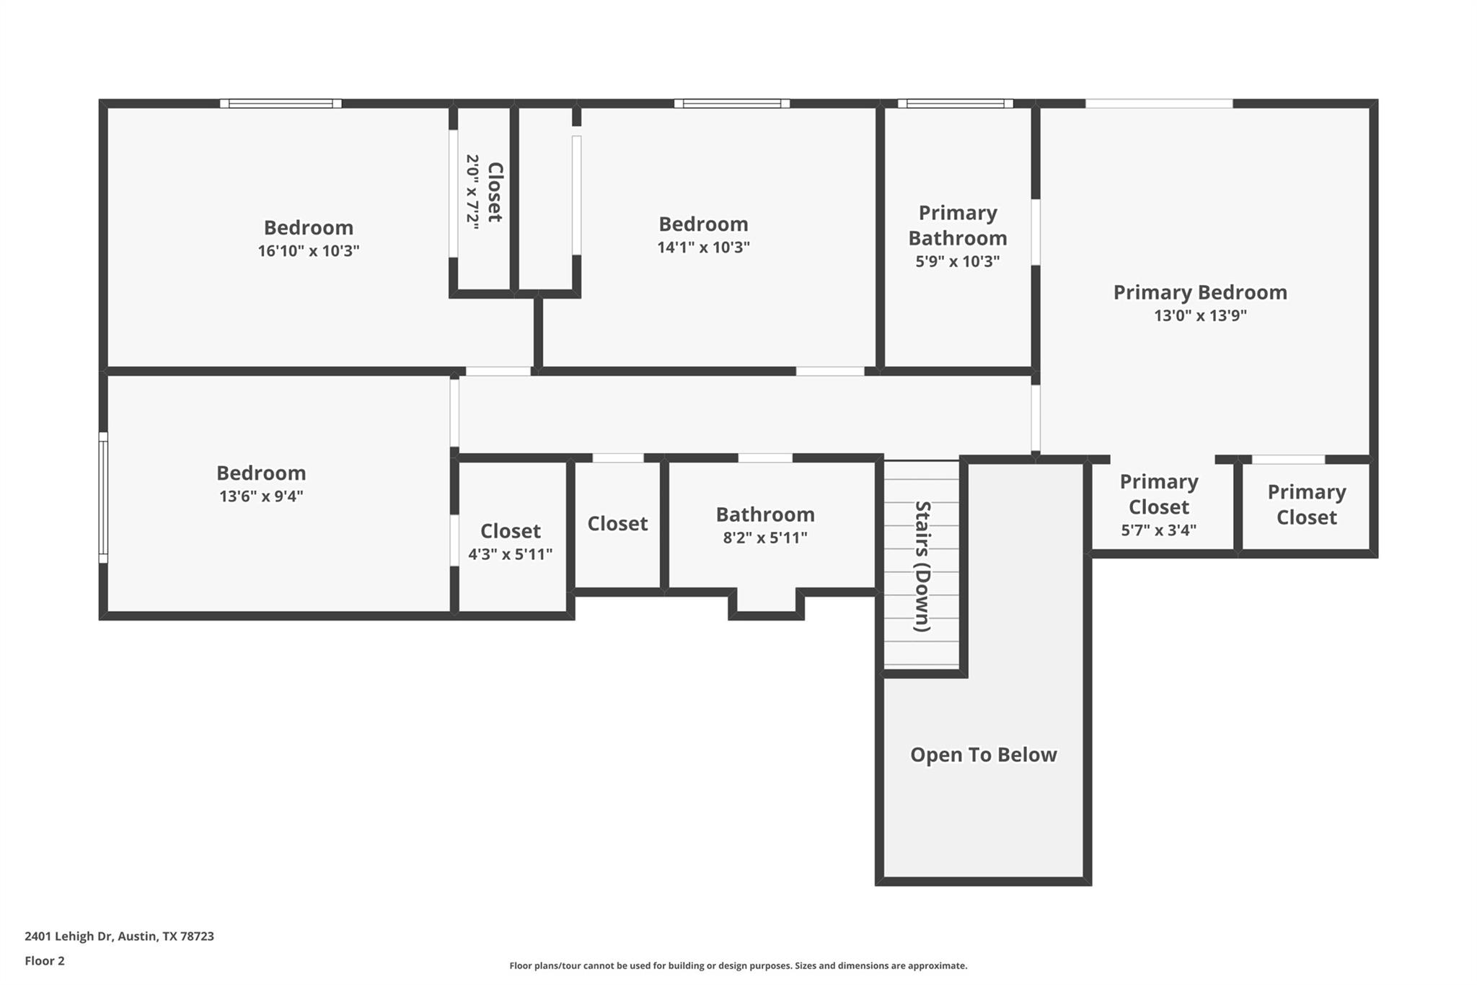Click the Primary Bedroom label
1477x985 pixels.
pyautogui.click(x=1199, y=292)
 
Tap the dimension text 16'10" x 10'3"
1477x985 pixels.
pyautogui.click(x=309, y=251)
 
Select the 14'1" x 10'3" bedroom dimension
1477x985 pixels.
pyautogui.click(x=703, y=248)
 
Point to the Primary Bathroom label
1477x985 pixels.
pyautogui.click(x=957, y=225)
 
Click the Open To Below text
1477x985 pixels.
pyautogui.click(x=983, y=755)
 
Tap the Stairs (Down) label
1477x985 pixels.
pyautogui.click(x=922, y=566)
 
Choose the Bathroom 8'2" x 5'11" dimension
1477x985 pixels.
pyautogui.click(x=765, y=538)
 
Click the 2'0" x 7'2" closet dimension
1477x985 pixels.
pyautogui.click(x=472, y=192)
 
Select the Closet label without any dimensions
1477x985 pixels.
pyautogui.click(x=617, y=524)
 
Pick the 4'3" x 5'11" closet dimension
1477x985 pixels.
pyautogui.click(x=510, y=554)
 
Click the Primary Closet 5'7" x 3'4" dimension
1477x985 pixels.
pyautogui.click(x=1158, y=530)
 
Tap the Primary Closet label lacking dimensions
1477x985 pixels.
pyautogui.click(x=1306, y=504)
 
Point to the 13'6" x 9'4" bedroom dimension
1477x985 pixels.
pyautogui.click(x=261, y=496)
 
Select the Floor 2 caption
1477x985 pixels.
pyautogui.click(x=45, y=961)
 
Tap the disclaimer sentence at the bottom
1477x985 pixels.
pyautogui.click(x=738, y=966)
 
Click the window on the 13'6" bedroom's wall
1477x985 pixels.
pyautogui.click(x=103, y=497)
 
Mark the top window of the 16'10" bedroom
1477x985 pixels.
pyautogui.click(x=281, y=103)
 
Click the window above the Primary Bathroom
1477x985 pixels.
pyautogui.click(x=955, y=103)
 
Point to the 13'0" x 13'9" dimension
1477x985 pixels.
pyautogui.click(x=1199, y=316)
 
